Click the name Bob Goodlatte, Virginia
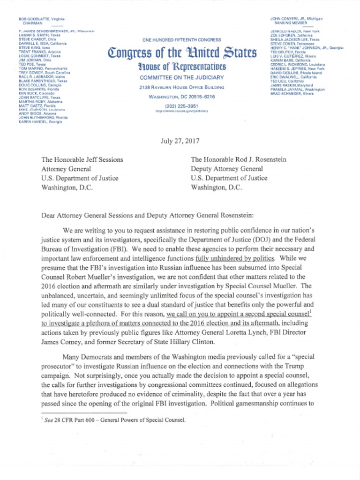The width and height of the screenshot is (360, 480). tap(41, 18)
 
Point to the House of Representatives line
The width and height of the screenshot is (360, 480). tap(182, 67)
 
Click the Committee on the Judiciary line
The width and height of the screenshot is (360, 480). tap(182, 77)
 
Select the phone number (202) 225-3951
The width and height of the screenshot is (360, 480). tap(182, 106)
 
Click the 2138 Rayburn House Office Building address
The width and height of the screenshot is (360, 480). tap(182, 87)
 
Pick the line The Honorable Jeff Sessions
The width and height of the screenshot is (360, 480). tap(82, 159)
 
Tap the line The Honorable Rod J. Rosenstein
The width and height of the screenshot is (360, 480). tap(238, 159)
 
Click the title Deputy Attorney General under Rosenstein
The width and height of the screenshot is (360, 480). tap(227, 169)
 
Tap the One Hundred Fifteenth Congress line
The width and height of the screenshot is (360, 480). tap(182, 40)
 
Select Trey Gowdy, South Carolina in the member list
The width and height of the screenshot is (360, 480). tap(45, 73)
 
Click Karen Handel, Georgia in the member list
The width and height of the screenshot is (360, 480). tap(40, 122)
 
